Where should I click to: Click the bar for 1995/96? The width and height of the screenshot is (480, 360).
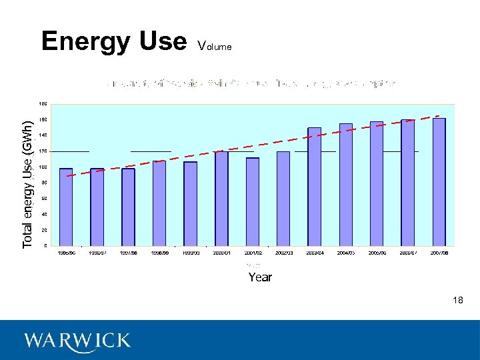(66, 207)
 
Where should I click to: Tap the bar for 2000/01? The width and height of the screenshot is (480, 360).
(221, 198)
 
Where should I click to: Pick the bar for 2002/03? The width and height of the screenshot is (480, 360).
(283, 198)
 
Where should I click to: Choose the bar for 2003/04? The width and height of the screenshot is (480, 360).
(315, 186)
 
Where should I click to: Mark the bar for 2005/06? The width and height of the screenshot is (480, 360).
(377, 183)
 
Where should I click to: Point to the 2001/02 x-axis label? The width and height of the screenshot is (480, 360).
(253, 253)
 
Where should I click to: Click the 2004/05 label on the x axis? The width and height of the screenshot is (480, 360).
(345, 253)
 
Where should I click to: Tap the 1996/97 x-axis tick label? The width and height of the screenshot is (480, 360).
(97, 253)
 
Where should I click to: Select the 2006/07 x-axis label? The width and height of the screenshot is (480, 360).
(407, 253)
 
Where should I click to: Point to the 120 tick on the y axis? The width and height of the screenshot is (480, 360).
(43, 151)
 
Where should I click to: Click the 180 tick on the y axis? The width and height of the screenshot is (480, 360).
(43, 104)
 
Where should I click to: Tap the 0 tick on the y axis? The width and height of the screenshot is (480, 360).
(45, 245)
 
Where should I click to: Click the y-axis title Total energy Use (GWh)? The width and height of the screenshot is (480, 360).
(27, 185)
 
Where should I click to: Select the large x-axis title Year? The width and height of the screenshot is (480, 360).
(260, 277)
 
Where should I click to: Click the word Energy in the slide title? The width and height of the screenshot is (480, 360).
(83, 41)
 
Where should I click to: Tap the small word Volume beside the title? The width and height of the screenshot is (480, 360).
(215, 47)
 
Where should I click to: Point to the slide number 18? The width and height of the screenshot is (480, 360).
(457, 301)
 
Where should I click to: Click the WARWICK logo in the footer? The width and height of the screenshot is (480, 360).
(77, 341)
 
